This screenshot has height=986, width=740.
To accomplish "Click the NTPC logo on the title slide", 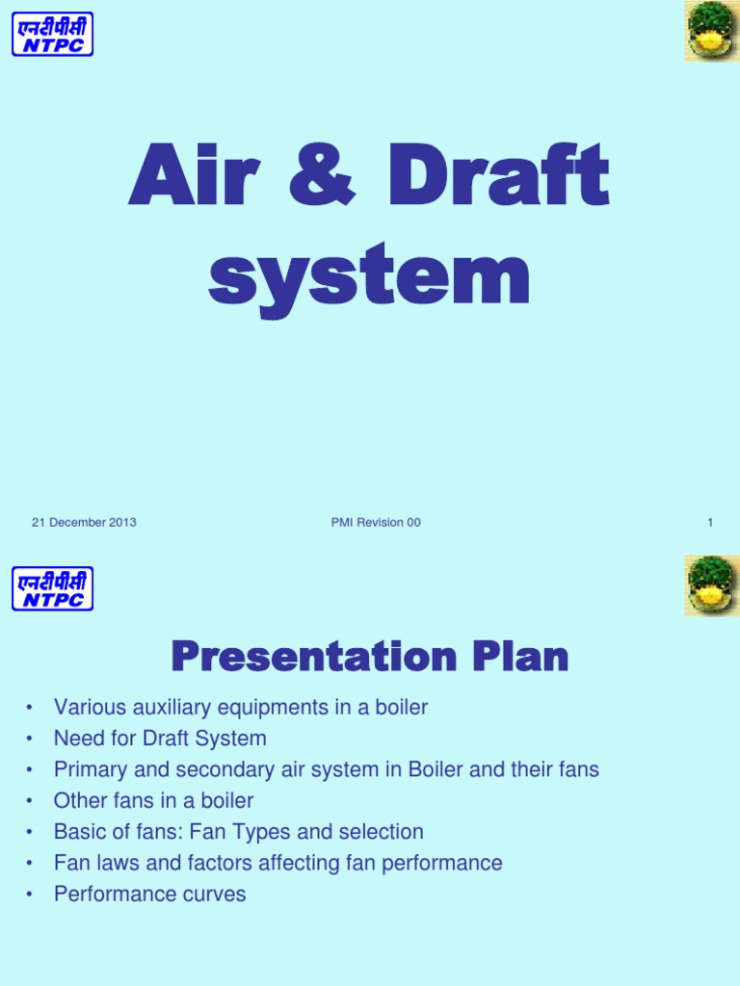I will tap(52, 34).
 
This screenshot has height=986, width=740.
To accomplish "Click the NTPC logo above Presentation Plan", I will tap(52, 588).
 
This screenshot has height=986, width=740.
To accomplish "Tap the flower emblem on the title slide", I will tap(711, 31).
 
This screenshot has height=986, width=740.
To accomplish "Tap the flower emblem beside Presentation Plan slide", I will tap(711, 585).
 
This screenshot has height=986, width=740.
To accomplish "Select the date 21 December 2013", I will tap(84, 523).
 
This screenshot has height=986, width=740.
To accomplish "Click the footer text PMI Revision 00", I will tap(375, 523).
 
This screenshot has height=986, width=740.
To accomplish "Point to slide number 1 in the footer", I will tap(710, 523).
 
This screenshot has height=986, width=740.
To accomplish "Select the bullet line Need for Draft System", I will tap(160, 739).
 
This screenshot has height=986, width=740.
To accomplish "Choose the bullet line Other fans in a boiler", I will tap(153, 801).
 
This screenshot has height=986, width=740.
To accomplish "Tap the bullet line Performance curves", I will tap(149, 894).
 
